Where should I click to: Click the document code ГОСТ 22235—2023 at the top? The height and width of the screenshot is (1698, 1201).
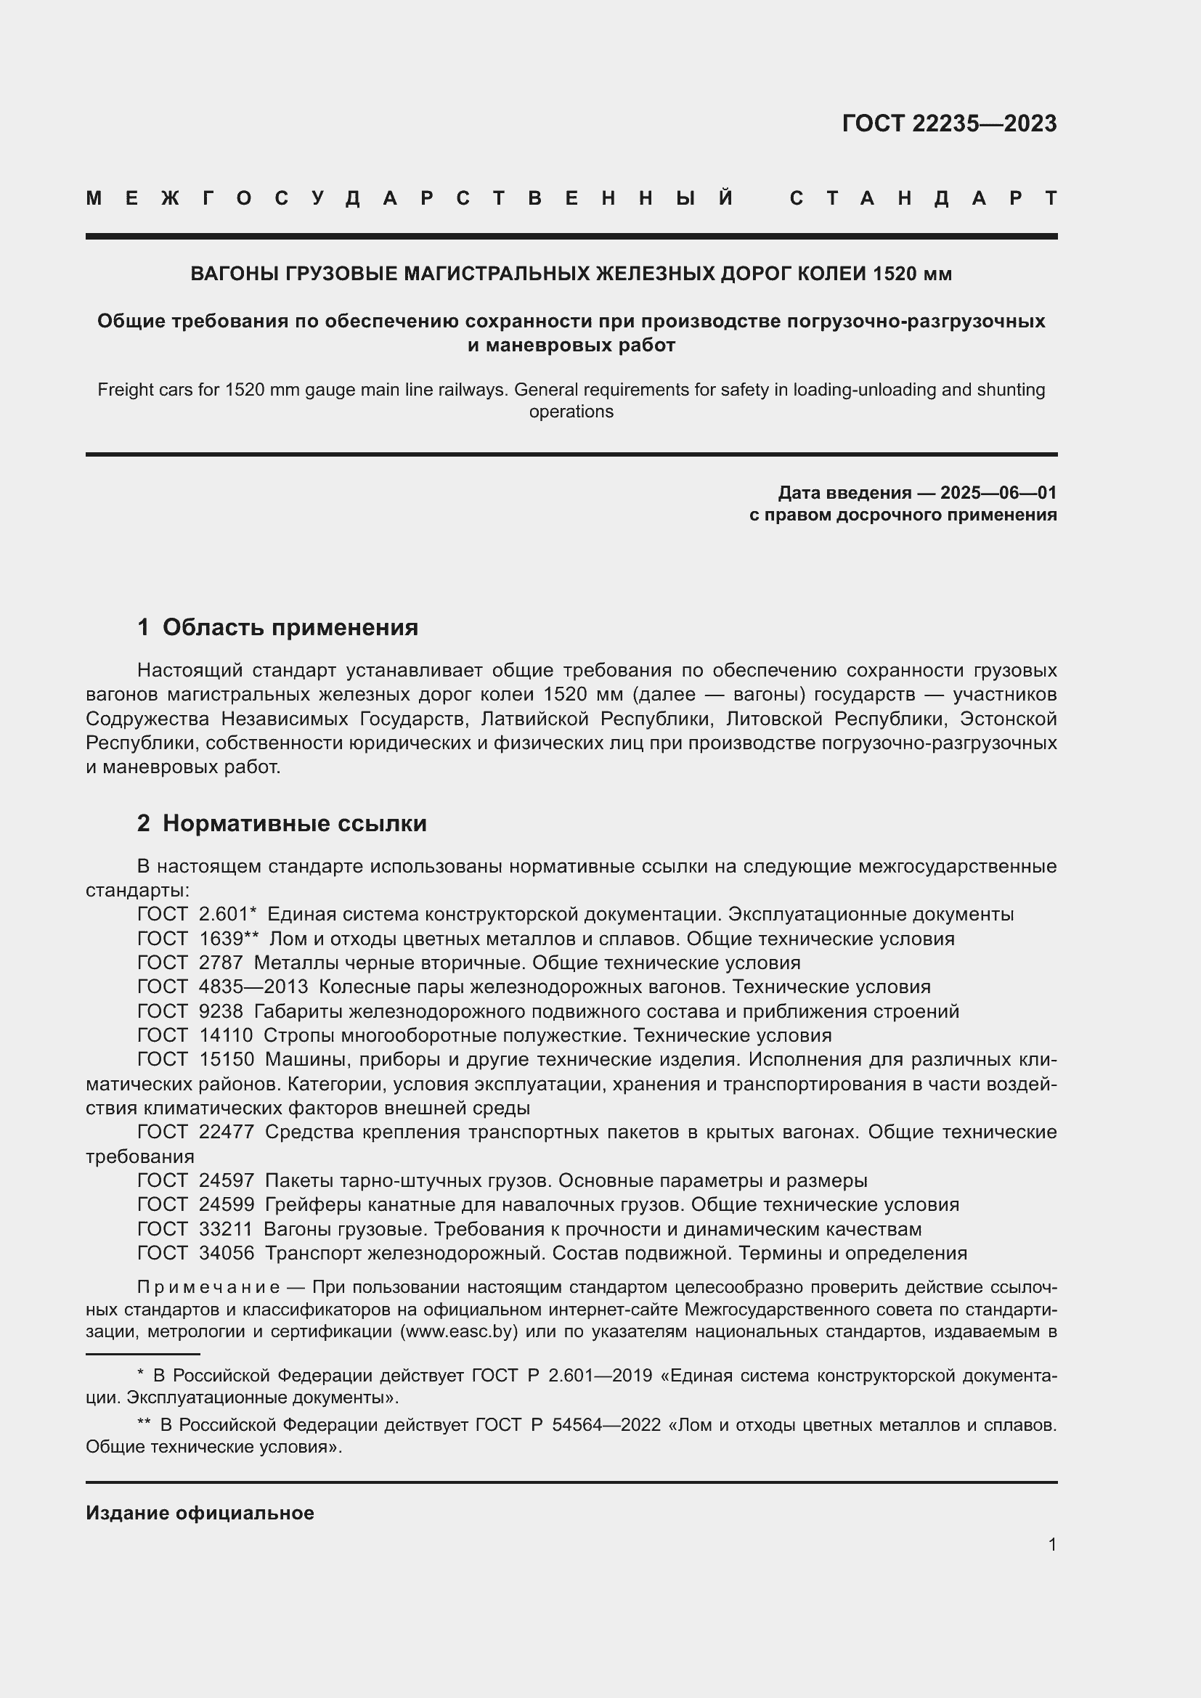[949, 123]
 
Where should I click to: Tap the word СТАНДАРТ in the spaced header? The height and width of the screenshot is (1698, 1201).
[924, 198]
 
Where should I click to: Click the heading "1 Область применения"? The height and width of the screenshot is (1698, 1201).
[277, 627]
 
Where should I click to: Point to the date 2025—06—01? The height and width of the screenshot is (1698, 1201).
[998, 492]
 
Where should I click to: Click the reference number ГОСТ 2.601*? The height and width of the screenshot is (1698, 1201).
[197, 915]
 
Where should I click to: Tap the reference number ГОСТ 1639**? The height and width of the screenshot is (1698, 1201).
[198, 939]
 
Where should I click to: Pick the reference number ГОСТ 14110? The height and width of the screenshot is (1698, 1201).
[195, 1035]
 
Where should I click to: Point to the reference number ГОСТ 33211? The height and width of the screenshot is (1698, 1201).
[195, 1230]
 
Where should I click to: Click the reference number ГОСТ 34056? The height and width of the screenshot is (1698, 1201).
[195, 1254]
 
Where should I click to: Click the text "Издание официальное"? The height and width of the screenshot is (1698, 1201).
[200, 1513]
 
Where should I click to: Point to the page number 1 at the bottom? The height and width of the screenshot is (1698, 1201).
[1051, 1544]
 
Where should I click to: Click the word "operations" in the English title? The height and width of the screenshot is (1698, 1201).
[571, 412]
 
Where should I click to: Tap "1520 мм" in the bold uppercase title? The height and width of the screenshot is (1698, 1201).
[912, 274]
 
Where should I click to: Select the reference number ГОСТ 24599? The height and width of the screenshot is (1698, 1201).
[195, 1205]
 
